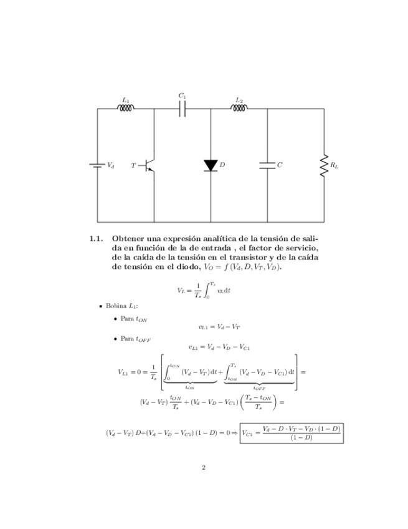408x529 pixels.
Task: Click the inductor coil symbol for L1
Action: (126, 108)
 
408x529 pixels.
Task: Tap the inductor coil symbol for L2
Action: (239, 108)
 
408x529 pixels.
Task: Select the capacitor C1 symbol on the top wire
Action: (183, 109)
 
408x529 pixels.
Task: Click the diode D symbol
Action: (211, 165)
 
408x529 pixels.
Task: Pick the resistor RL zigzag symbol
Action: (324, 165)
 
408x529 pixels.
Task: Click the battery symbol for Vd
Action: (97, 165)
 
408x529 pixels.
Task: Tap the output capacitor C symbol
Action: (267, 165)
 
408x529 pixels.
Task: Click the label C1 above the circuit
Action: (183, 96)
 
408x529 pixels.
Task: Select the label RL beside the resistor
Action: (334, 166)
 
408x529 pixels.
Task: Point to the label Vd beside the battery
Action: (110, 165)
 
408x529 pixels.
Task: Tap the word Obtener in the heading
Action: (130, 238)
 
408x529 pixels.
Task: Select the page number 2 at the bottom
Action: (204, 467)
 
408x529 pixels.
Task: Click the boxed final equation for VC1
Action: (292, 432)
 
